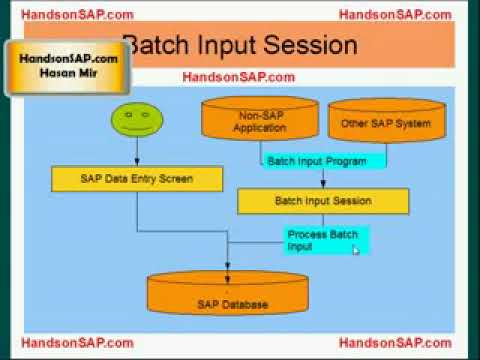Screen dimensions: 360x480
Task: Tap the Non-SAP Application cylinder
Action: (259, 120)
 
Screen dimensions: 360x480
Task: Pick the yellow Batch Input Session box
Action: (322, 201)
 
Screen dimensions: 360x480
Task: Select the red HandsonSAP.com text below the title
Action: (238, 77)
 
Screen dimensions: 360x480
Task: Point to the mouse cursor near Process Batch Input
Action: (355, 249)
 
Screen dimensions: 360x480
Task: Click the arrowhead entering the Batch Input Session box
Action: (322, 184)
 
